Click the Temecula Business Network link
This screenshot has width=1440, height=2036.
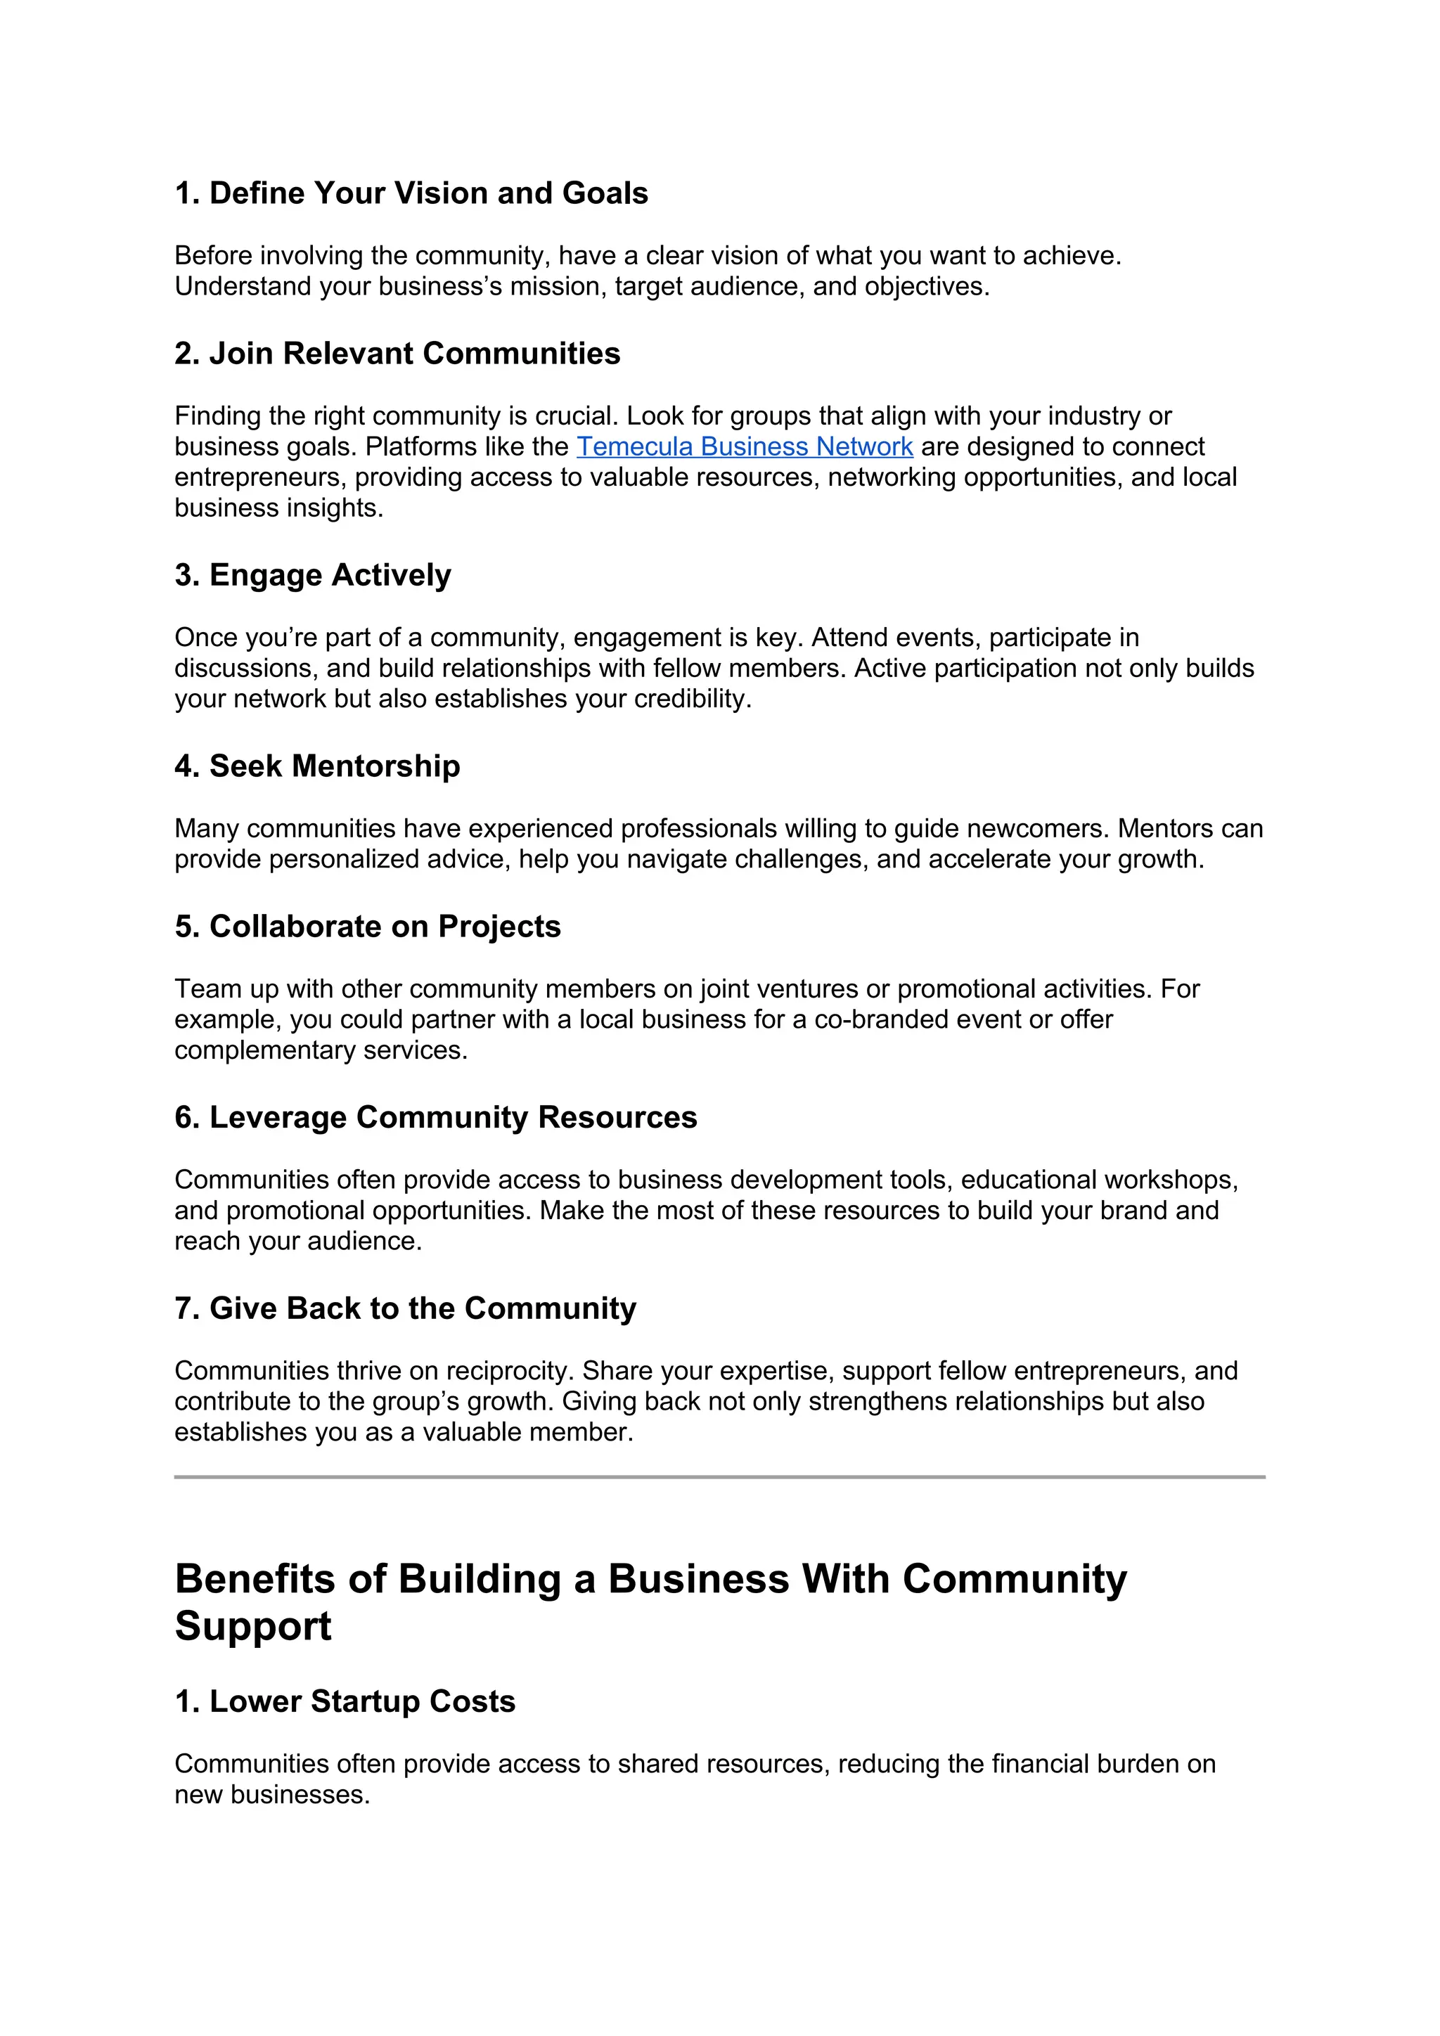(x=744, y=447)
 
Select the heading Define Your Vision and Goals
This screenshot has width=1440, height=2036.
(x=411, y=193)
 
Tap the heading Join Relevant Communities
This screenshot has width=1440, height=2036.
(x=397, y=354)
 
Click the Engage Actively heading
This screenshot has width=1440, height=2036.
(x=313, y=576)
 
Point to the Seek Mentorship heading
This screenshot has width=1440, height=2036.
(x=317, y=766)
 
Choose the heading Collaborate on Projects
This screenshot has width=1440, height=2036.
(x=368, y=927)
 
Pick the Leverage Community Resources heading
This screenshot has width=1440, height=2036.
(x=436, y=1117)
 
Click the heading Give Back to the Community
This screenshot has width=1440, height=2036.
(x=405, y=1309)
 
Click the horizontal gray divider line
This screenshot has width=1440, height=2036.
(x=719, y=1477)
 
